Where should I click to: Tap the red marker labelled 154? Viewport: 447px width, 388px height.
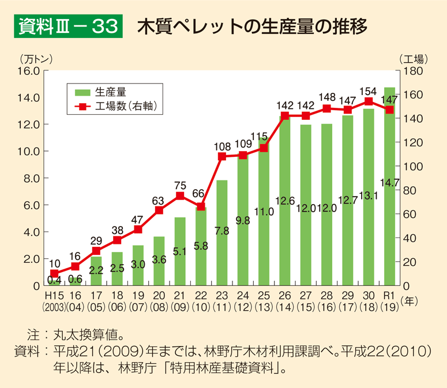click(x=368, y=101)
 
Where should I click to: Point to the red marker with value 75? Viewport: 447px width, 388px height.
click(x=180, y=196)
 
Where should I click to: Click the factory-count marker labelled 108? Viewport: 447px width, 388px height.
click(x=221, y=156)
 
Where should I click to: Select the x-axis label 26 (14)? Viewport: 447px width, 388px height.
click(x=284, y=300)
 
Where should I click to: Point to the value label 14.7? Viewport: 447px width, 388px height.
click(x=390, y=183)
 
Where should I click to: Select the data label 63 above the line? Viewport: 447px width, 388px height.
click(x=159, y=200)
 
